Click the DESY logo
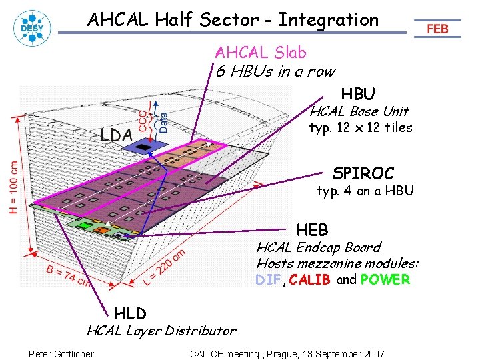pyautogui.click(x=30, y=28)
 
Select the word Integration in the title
pyautogui.click(x=328, y=20)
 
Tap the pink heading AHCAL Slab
pyautogui.click(x=260, y=52)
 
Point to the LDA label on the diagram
pyautogui.click(x=117, y=135)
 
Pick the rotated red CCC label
pyautogui.click(x=143, y=120)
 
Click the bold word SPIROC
pyautogui.click(x=363, y=173)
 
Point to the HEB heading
pyautogui.click(x=313, y=230)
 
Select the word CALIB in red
pyautogui.click(x=310, y=280)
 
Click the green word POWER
pyautogui.click(x=385, y=280)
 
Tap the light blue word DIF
pyautogui.click(x=268, y=280)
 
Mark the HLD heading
pyautogui.click(x=131, y=313)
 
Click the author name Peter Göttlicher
pyautogui.click(x=61, y=353)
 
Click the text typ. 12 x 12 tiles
pyautogui.click(x=361, y=127)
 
